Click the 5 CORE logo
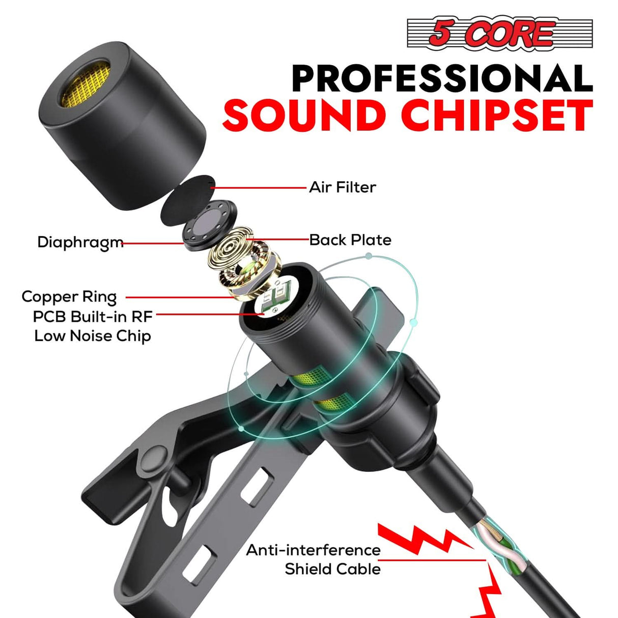pos(499,34)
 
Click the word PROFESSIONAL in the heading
pos(442,78)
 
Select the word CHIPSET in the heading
pos(497,116)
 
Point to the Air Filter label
pos(343,187)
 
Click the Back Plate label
pos(350,240)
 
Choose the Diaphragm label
pos(80,242)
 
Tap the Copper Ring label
pos(69,296)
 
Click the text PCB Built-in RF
pos(93,316)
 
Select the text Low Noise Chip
pos(93,336)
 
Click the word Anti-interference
pos(313,550)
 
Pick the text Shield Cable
pos(332,569)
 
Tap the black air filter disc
pos(186,200)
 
